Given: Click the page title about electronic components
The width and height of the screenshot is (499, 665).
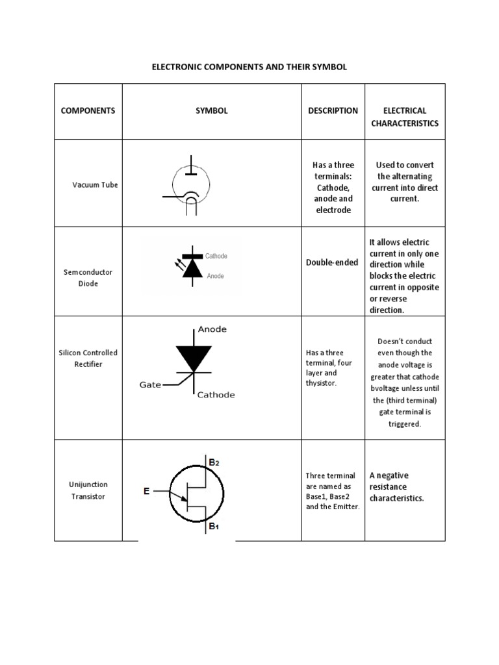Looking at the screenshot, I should (249, 67).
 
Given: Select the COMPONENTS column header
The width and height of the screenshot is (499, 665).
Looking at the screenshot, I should (88, 110).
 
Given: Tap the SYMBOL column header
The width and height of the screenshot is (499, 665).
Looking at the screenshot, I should (212, 110).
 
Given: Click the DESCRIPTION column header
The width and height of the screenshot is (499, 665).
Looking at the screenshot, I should (333, 110).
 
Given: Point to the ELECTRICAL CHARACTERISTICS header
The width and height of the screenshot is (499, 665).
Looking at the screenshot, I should (405, 117).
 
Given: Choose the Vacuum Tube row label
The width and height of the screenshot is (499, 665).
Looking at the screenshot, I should (95, 185).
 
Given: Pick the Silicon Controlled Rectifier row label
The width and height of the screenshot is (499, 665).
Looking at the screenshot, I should (88, 358).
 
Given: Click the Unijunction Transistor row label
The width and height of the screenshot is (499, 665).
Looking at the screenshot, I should (88, 490).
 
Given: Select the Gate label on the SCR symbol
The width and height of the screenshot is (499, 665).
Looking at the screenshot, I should (150, 384).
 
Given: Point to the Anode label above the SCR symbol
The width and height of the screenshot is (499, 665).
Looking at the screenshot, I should (212, 329).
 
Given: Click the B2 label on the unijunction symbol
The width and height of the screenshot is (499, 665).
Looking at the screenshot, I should (214, 462).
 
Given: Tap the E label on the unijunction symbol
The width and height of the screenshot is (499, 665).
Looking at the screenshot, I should (147, 492).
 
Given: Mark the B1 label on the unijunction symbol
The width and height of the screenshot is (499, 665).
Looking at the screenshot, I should (214, 527).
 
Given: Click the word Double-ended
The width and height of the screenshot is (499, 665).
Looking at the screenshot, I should (331, 262).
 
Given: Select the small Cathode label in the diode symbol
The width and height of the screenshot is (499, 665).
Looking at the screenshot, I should (216, 257).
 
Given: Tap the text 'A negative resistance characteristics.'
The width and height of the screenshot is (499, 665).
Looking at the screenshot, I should (396, 487).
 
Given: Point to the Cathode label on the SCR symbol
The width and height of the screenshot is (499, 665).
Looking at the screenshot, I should (216, 395).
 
